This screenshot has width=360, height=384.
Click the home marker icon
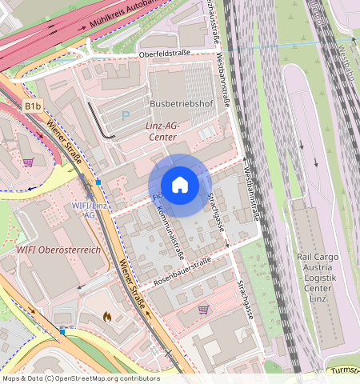(180, 185)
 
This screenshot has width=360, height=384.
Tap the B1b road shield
(32, 106)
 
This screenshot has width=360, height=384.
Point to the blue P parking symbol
(125, 117)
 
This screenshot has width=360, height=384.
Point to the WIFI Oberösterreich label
(59, 250)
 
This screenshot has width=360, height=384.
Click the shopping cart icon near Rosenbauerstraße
(203, 309)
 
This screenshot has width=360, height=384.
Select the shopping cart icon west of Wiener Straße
(28, 162)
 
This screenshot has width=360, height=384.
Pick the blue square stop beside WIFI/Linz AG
(98, 182)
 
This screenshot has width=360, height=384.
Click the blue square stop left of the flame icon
(62, 330)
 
